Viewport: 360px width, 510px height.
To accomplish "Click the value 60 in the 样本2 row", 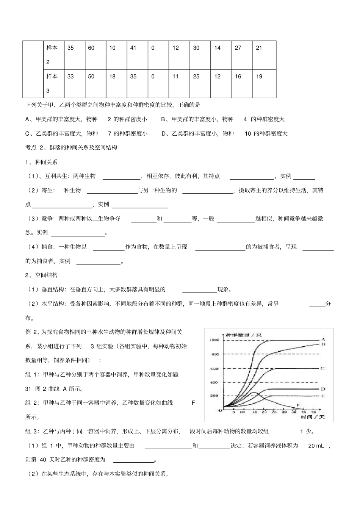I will [x=91, y=48].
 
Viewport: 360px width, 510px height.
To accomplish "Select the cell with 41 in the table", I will [x=133, y=48].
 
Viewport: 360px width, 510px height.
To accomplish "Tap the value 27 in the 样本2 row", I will [x=238, y=48].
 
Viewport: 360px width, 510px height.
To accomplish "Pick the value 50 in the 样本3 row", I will [x=91, y=77].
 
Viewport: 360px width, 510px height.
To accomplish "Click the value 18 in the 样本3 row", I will [x=112, y=77].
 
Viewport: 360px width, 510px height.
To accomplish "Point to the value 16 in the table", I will [x=238, y=77].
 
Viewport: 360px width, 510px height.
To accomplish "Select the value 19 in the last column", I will [x=259, y=77].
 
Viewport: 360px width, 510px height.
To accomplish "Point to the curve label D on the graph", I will [x=323, y=389].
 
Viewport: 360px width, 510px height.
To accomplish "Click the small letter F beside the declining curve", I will [x=298, y=405].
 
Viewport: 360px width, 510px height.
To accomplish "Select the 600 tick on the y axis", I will [x=214, y=369].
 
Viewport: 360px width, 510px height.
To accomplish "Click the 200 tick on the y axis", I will [x=214, y=396].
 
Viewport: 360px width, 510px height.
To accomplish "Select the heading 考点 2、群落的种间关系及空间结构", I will [x=71, y=147].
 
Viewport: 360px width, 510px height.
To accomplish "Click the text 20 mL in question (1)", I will [x=316, y=446].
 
